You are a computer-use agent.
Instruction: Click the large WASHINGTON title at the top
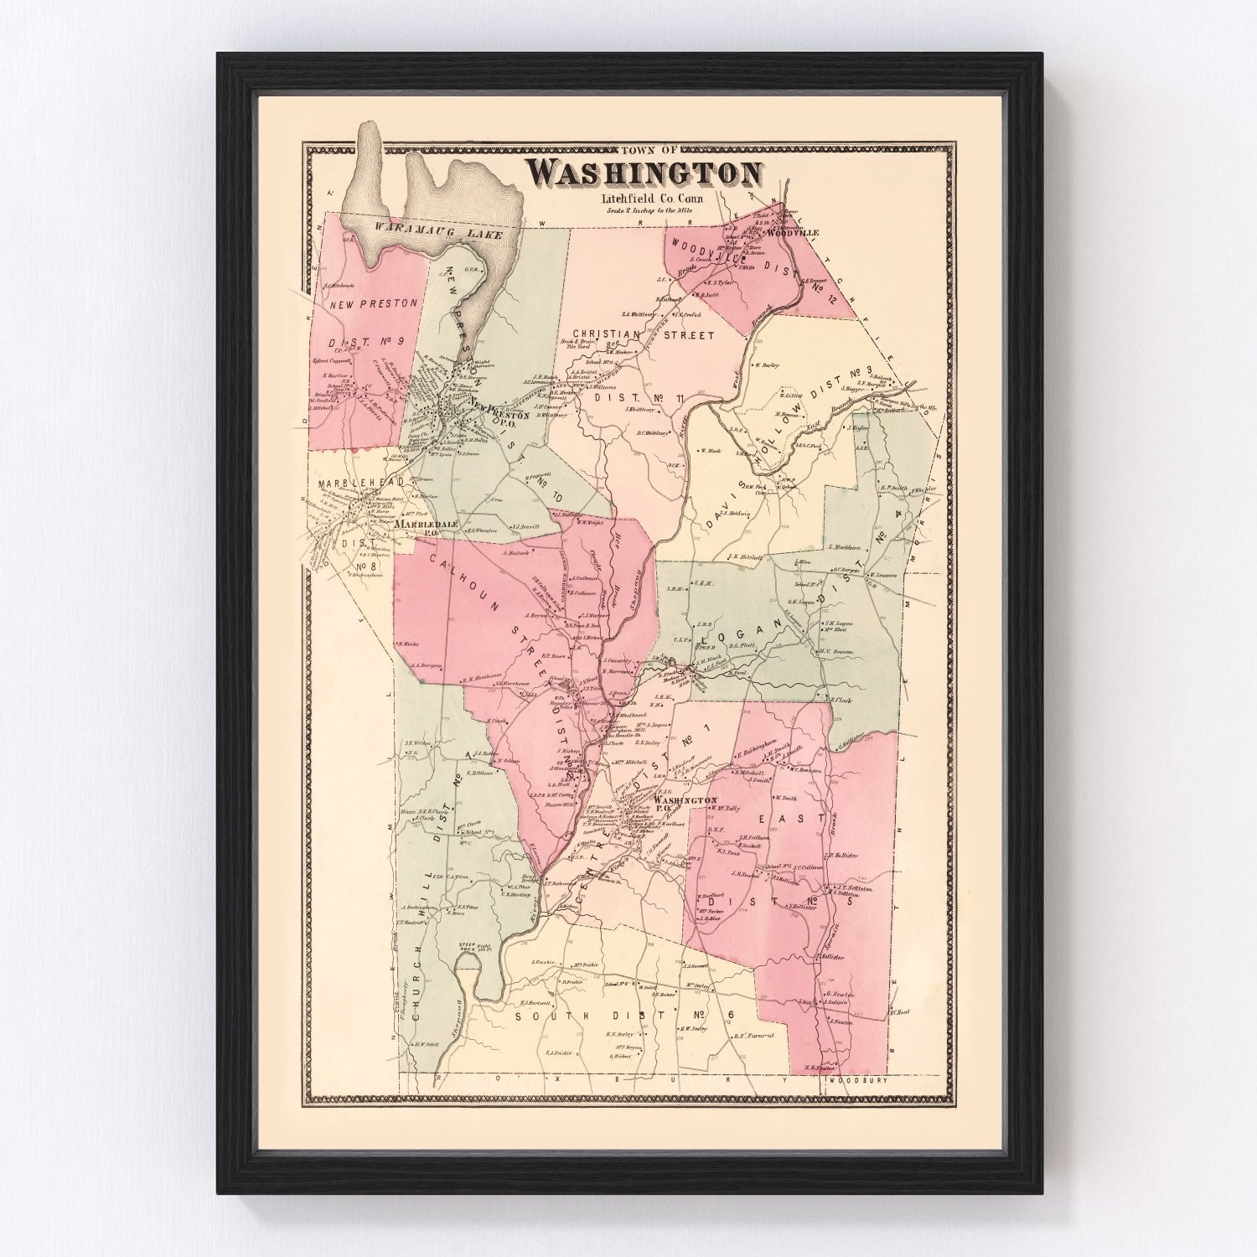[644, 172]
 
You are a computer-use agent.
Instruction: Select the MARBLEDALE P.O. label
[427, 525]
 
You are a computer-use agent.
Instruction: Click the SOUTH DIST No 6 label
[623, 1016]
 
